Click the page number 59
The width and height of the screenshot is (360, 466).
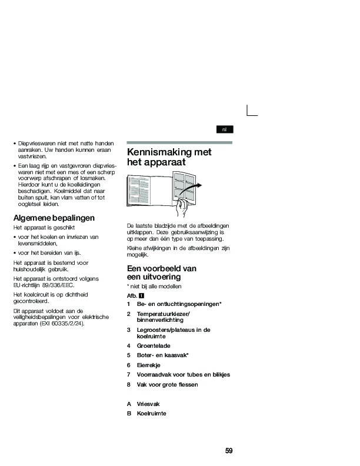pos(229,451)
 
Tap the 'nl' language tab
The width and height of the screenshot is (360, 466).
pos(224,129)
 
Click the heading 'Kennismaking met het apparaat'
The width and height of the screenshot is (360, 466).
pos(169,157)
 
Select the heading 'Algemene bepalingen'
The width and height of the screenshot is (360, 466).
pos(54,218)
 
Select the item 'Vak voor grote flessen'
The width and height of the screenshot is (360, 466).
pos(167,384)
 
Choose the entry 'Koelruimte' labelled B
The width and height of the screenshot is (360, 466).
pos(151,413)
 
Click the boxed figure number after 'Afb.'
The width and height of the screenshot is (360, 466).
pos(142,295)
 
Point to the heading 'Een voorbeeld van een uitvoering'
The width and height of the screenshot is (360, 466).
pos(162,272)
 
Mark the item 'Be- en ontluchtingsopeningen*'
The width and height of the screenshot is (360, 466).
pos(179,304)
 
